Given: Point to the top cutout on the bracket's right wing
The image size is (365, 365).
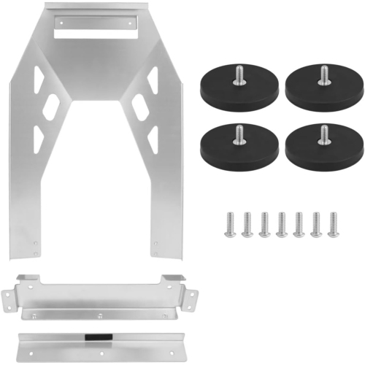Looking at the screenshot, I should click(152, 78).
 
